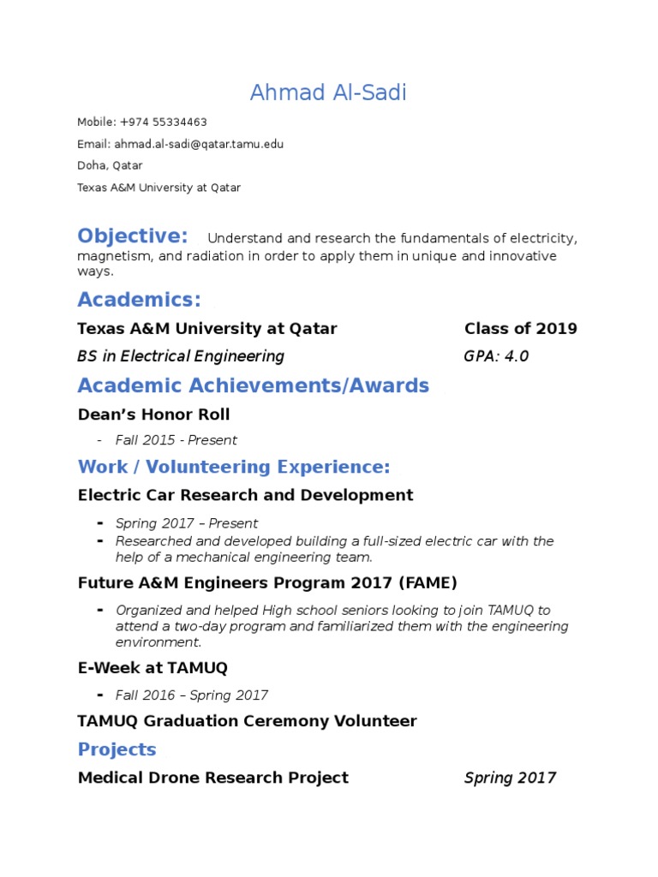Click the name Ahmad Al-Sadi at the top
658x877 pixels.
(328, 92)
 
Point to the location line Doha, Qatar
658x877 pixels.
(110, 165)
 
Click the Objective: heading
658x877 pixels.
(132, 236)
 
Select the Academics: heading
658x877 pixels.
(139, 300)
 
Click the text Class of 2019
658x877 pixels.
(520, 329)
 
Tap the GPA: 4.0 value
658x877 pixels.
(496, 356)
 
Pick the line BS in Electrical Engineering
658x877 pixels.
(180, 356)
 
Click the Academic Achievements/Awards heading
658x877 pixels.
(253, 385)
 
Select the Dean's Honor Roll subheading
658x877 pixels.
(153, 415)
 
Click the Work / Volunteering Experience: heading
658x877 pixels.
(233, 467)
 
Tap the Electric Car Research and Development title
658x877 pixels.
(245, 495)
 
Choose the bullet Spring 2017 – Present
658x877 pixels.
(186, 523)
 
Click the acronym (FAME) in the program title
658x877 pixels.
(428, 583)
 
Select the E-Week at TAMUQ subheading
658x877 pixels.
(153, 667)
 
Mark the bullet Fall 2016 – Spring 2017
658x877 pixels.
(191, 695)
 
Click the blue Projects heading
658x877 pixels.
(117, 749)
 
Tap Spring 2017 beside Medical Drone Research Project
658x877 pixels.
(510, 778)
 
